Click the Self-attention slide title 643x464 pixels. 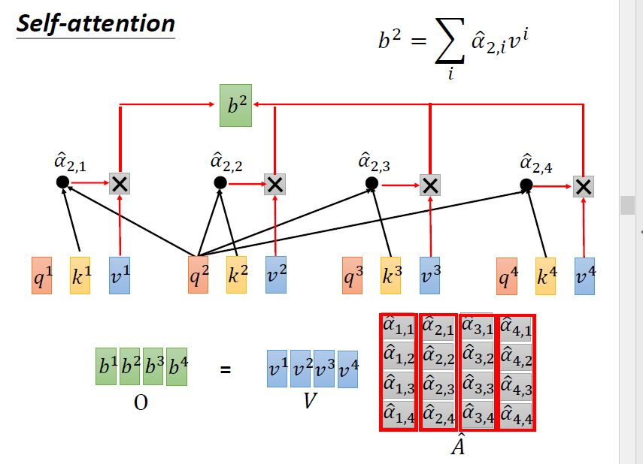[x=95, y=23]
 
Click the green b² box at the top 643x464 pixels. [x=235, y=105]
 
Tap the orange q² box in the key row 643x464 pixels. [x=198, y=275]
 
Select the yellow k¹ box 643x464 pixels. [x=80, y=275]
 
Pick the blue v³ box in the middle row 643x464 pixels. [x=430, y=275]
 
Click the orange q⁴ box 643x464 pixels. [x=507, y=276]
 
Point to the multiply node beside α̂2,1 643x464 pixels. [x=120, y=182]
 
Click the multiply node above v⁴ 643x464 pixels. [x=583, y=186]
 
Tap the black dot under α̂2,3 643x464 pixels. [x=372, y=183]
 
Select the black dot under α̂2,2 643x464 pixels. [x=220, y=182]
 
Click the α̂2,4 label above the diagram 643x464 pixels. [x=536, y=162]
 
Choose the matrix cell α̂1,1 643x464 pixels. [x=399, y=327]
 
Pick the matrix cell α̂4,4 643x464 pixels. [x=516, y=413]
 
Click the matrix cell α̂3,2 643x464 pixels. [x=477, y=356]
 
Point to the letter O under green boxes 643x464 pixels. [x=141, y=402]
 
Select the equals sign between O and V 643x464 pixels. [x=225, y=369]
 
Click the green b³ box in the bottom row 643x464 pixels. [x=153, y=367]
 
